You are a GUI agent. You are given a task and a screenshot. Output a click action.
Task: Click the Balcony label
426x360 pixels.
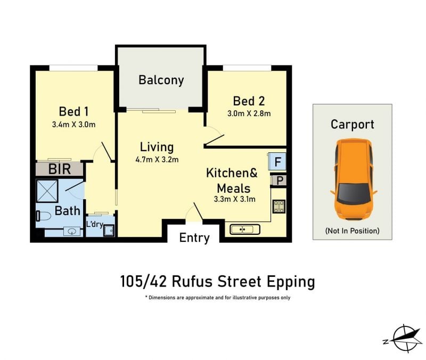pyautogui.click(x=161, y=80)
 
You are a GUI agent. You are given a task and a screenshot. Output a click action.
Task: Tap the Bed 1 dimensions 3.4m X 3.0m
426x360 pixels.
pyautogui.click(x=73, y=125)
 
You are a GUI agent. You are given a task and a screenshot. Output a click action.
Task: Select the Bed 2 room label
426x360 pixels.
pyautogui.click(x=249, y=101)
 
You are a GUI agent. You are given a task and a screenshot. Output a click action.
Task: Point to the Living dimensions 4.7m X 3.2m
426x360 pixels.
pyautogui.click(x=157, y=159)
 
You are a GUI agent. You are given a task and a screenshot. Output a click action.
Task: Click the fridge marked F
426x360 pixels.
pyautogui.click(x=277, y=162)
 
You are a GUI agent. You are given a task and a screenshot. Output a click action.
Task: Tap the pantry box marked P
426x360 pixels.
pyautogui.click(x=279, y=181)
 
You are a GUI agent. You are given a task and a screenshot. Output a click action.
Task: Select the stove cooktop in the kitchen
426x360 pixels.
pyautogui.click(x=279, y=206)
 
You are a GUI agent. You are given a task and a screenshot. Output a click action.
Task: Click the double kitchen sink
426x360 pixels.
pyautogui.click(x=245, y=230)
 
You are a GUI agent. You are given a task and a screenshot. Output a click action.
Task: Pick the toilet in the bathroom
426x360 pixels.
pyautogui.click(x=44, y=216)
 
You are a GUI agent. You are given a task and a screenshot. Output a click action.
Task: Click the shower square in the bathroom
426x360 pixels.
pyautogui.click(x=47, y=191)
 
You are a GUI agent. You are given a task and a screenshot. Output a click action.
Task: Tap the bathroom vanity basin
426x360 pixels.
pyautogui.click(x=72, y=232)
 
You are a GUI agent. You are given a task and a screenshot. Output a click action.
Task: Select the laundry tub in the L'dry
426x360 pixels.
pyautogui.click(x=109, y=231)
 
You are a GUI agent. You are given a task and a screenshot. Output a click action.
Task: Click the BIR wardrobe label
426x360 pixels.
pyautogui.click(x=60, y=169)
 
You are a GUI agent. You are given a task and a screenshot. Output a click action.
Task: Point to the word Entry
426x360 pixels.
pyautogui.click(x=194, y=238)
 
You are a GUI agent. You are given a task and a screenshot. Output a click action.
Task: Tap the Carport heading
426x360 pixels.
pyautogui.click(x=353, y=125)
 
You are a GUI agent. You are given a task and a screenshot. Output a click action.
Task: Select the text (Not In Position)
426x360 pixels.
pyautogui.click(x=352, y=231)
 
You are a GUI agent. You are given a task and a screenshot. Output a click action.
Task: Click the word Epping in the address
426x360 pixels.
pyautogui.click(x=291, y=282)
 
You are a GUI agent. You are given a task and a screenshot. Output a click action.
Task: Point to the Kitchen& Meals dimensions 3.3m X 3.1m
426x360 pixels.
pyautogui.click(x=234, y=199)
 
